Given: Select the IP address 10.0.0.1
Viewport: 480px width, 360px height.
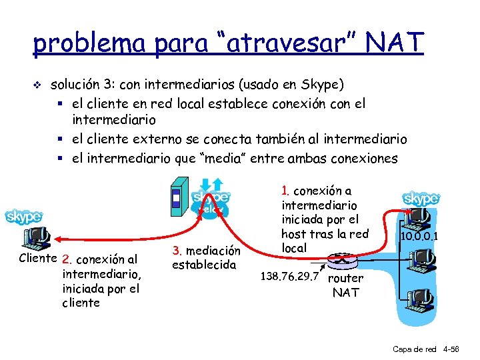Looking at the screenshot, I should tap(419, 235).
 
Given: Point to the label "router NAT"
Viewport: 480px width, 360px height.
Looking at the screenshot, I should tap(347, 285).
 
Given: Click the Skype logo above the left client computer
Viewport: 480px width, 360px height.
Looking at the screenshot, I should tap(24, 217).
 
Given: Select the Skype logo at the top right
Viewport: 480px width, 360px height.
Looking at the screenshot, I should tap(421, 198).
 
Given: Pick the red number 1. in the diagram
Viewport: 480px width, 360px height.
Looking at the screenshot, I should tap(285, 191).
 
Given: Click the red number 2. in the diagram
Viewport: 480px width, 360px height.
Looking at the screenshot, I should tap(66, 259).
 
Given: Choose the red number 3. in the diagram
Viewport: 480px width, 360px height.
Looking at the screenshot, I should tap(177, 251).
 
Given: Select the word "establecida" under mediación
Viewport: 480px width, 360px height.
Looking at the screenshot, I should tap(204, 265).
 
